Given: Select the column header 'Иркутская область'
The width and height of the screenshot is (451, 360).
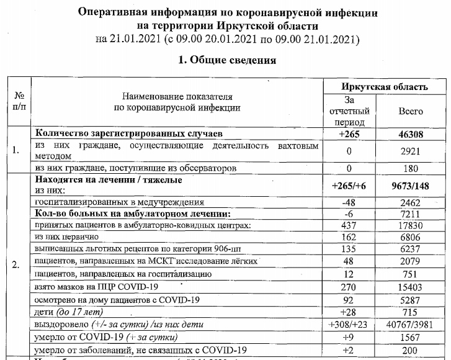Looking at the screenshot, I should [x=384, y=86].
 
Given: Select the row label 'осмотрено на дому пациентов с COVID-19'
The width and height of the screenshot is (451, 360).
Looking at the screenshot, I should [x=117, y=300].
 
